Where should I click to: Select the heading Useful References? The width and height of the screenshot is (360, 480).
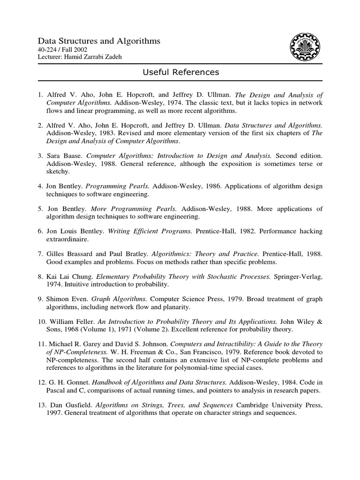(x=180, y=72)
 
